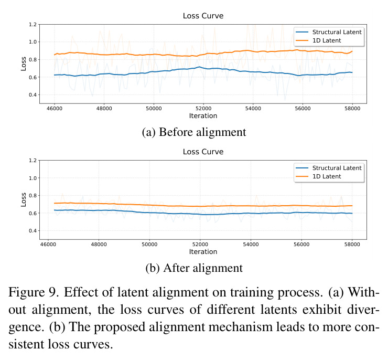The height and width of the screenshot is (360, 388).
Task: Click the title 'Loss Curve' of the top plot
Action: click(x=203, y=16)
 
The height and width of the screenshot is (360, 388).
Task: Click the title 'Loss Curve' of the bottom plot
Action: click(x=203, y=152)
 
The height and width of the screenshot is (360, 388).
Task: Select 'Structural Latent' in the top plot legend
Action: click(x=337, y=32)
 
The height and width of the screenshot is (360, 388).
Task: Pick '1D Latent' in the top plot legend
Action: click(x=327, y=40)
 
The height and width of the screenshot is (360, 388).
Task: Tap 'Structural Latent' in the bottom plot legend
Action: click(x=337, y=168)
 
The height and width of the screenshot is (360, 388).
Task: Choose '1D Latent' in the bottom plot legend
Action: click(x=327, y=176)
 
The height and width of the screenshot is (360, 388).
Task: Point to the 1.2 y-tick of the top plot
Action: click(x=33, y=25)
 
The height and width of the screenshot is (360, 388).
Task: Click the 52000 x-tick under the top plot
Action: click(x=203, y=109)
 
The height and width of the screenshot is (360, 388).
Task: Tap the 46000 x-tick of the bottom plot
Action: click(x=48, y=245)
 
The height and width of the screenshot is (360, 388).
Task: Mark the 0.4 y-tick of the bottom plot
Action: click(x=33, y=231)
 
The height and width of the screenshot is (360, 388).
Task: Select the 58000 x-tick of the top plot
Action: click(x=352, y=109)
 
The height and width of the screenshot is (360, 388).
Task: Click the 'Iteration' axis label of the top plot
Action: click(x=203, y=116)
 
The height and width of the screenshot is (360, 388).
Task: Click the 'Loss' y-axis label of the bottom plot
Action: click(x=24, y=199)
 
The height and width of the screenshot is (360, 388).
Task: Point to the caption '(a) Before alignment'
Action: click(x=194, y=132)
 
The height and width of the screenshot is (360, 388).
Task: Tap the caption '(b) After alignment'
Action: click(x=194, y=268)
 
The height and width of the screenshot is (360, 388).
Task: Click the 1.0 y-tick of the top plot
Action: click(x=33, y=42)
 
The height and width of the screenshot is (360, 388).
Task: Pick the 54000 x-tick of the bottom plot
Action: click(x=251, y=245)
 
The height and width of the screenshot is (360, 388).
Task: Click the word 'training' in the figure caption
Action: click(x=252, y=292)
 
